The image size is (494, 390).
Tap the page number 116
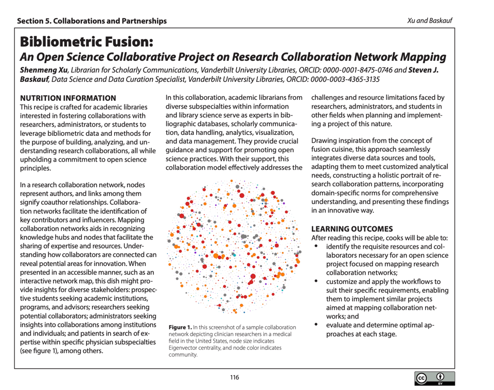click(x=235, y=377)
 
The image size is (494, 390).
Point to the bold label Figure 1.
click(x=178, y=328)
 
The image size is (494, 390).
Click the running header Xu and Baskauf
click(x=429, y=21)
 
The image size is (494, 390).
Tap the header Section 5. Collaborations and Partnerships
click(x=92, y=21)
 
